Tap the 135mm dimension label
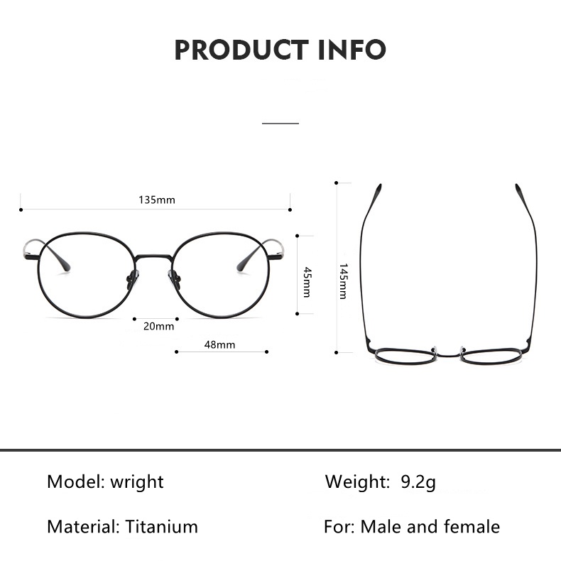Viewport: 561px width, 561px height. click(x=156, y=200)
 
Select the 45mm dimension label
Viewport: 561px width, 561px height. click(x=307, y=281)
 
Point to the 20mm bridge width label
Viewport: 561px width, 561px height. click(x=158, y=326)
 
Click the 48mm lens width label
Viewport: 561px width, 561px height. click(x=219, y=344)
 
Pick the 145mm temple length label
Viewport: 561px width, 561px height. click(x=343, y=280)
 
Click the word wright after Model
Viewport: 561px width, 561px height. click(x=136, y=482)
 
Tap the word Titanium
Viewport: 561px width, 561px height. click(x=161, y=527)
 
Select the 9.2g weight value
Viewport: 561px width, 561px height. click(x=418, y=482)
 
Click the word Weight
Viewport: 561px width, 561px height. click(x=357, y=482)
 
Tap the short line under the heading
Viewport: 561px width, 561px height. click(x=280, y=123)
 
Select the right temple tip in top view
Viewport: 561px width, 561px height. click(x=519, y=190)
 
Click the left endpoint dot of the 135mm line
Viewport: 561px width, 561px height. click(x=21, y=209)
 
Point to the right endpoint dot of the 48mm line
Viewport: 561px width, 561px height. click(x=266, y=352)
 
